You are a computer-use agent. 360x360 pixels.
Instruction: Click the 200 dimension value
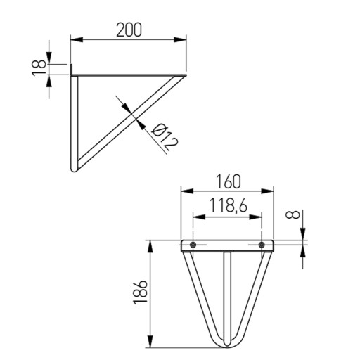click(129, 30)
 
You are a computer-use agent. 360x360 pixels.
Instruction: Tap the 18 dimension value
click(39, 67)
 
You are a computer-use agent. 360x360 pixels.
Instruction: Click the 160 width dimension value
click(229, 182)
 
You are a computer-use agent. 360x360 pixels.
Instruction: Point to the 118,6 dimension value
click(228, 205)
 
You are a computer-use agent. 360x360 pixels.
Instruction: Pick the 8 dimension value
click(292, 214)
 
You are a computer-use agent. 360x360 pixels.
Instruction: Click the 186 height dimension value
click(141, 292)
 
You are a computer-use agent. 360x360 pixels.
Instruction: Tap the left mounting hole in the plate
click(193, 245)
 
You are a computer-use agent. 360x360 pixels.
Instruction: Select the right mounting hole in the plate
click(262, 245)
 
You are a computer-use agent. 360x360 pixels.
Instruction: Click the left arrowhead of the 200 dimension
click(77, 39)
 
